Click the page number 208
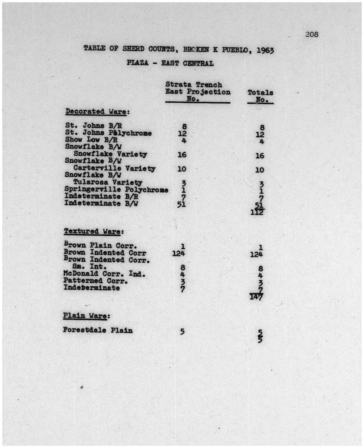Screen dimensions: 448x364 coord(312,34)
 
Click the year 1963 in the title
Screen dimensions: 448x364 coord(265,50)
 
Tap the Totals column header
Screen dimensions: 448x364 coord(260,96)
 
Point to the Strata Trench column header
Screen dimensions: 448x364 coord(197,92)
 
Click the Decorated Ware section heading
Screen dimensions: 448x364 coord(97,112)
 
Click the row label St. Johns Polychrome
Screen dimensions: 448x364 coord(108,133)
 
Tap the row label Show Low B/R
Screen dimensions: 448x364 coord(91,140)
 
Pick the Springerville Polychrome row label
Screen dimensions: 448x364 coord(116,190)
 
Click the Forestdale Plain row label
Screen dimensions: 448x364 coord(98,330)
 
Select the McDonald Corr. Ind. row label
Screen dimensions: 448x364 coord(104,274)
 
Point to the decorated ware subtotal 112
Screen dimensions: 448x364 coord(257,212)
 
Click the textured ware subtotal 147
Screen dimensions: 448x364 coord(256,296)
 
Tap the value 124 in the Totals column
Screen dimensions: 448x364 coord(256,255)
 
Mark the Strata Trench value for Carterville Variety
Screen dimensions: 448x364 coord(182,169)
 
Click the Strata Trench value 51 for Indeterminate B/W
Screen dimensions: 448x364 coord(182,204)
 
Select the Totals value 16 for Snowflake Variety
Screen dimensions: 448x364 coord(260,156)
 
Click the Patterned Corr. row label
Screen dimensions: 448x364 coord(95,281)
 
